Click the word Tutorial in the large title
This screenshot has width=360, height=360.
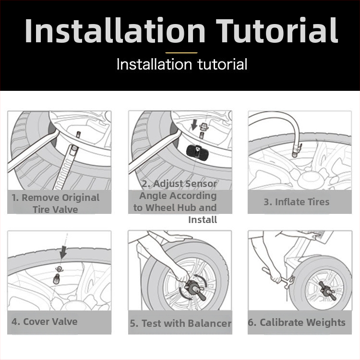[x=276, y=30]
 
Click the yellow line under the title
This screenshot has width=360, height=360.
[x=181, y=53]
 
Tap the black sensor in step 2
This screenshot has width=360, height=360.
[x=196, y=151]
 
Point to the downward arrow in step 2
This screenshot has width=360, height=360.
[x=194, y=125]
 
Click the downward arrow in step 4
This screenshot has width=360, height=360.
[x=63, y=252]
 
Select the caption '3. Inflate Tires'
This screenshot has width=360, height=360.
[x=297, y=202]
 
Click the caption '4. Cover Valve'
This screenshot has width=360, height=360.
[x=44, y=322]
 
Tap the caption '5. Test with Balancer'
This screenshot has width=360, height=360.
[x=180, y=323]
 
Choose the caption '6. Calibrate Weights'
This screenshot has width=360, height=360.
[x=297, y=323]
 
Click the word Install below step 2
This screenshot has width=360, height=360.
[x=203, y=220]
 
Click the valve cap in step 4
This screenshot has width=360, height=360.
[x=59, y=269]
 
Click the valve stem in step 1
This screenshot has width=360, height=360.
[x=78, y=135]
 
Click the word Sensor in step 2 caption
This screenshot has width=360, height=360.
[x=201, y=184]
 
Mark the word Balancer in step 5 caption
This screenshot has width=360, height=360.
[x=209, y=323]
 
